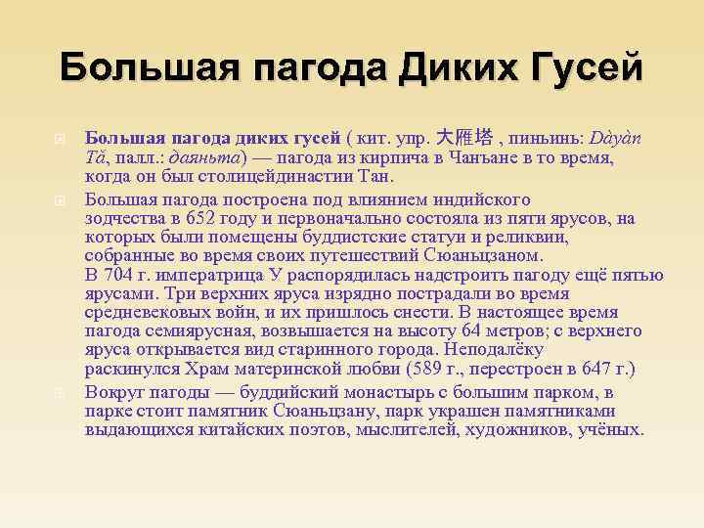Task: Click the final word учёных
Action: point(611,429)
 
